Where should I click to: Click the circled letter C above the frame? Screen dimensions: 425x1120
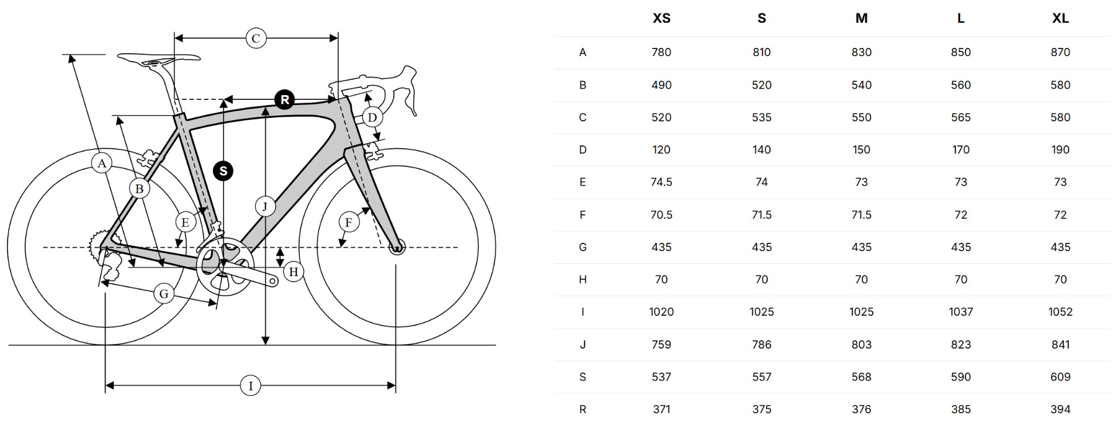tap(256, 39)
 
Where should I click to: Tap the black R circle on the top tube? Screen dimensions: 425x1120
tap(285, 100)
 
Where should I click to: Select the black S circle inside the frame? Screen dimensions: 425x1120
tap(223, 171)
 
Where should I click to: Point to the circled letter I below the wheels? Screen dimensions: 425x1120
tap(251, 386)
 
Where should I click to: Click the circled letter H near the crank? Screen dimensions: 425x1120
tap(293, 272)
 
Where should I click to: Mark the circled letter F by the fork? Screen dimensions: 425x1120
tap(349, 222)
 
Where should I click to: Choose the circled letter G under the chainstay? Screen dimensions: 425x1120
tap(164, 294)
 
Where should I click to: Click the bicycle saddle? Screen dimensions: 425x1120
tap(158, 58)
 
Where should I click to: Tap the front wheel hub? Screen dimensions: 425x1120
tap(397, 248)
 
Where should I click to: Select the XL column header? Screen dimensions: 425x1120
tap(1060, 19)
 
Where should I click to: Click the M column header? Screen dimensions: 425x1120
tap(861, 19)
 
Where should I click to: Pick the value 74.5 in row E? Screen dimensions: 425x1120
tap(661, 182)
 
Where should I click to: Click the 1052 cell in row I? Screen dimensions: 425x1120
tap(1060, 312)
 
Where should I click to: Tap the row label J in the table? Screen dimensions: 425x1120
tap(582, 344)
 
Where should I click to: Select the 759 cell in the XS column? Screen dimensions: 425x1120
tap(661, 344)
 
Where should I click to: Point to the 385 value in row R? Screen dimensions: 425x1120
tap(960, 409)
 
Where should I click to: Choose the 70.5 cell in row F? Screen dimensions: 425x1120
tap(661, 215)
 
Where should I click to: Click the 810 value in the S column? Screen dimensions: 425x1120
tap(761, 53)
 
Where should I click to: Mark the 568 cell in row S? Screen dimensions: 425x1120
tap(861, 377)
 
